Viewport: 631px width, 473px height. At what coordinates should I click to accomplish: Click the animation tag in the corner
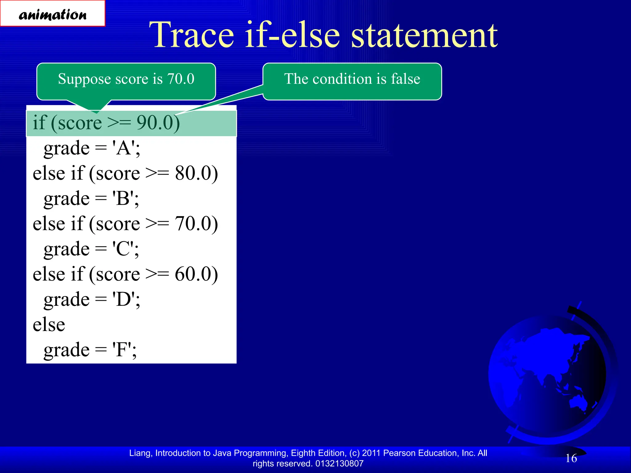pos(53,14)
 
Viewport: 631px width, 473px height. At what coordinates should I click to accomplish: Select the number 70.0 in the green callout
pos(181,79)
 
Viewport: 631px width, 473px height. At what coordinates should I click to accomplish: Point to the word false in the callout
pos(405,79)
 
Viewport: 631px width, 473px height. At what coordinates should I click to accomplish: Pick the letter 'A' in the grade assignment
pos(124,148)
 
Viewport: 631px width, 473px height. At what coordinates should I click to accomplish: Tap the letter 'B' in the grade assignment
pos(123,199)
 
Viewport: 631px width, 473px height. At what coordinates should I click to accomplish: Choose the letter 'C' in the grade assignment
pos(123,249)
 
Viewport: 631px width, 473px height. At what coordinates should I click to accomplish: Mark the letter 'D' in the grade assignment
pos(124,299)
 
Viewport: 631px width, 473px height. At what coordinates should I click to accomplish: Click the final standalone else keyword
pos(49,325)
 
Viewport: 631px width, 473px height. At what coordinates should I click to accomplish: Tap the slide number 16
pos(571,458)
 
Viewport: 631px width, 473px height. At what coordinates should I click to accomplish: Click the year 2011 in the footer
pos(371,453)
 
